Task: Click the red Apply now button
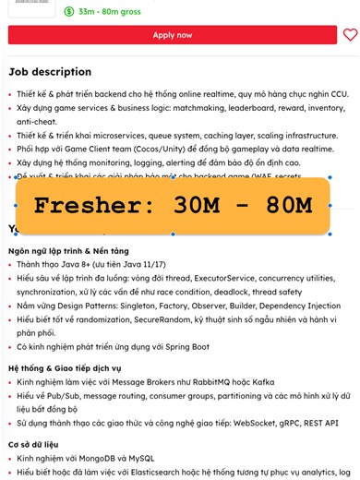click(x=173, y=35)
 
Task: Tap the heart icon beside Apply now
click(x=350, y=35)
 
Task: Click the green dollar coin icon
click(x=70, y=11)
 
